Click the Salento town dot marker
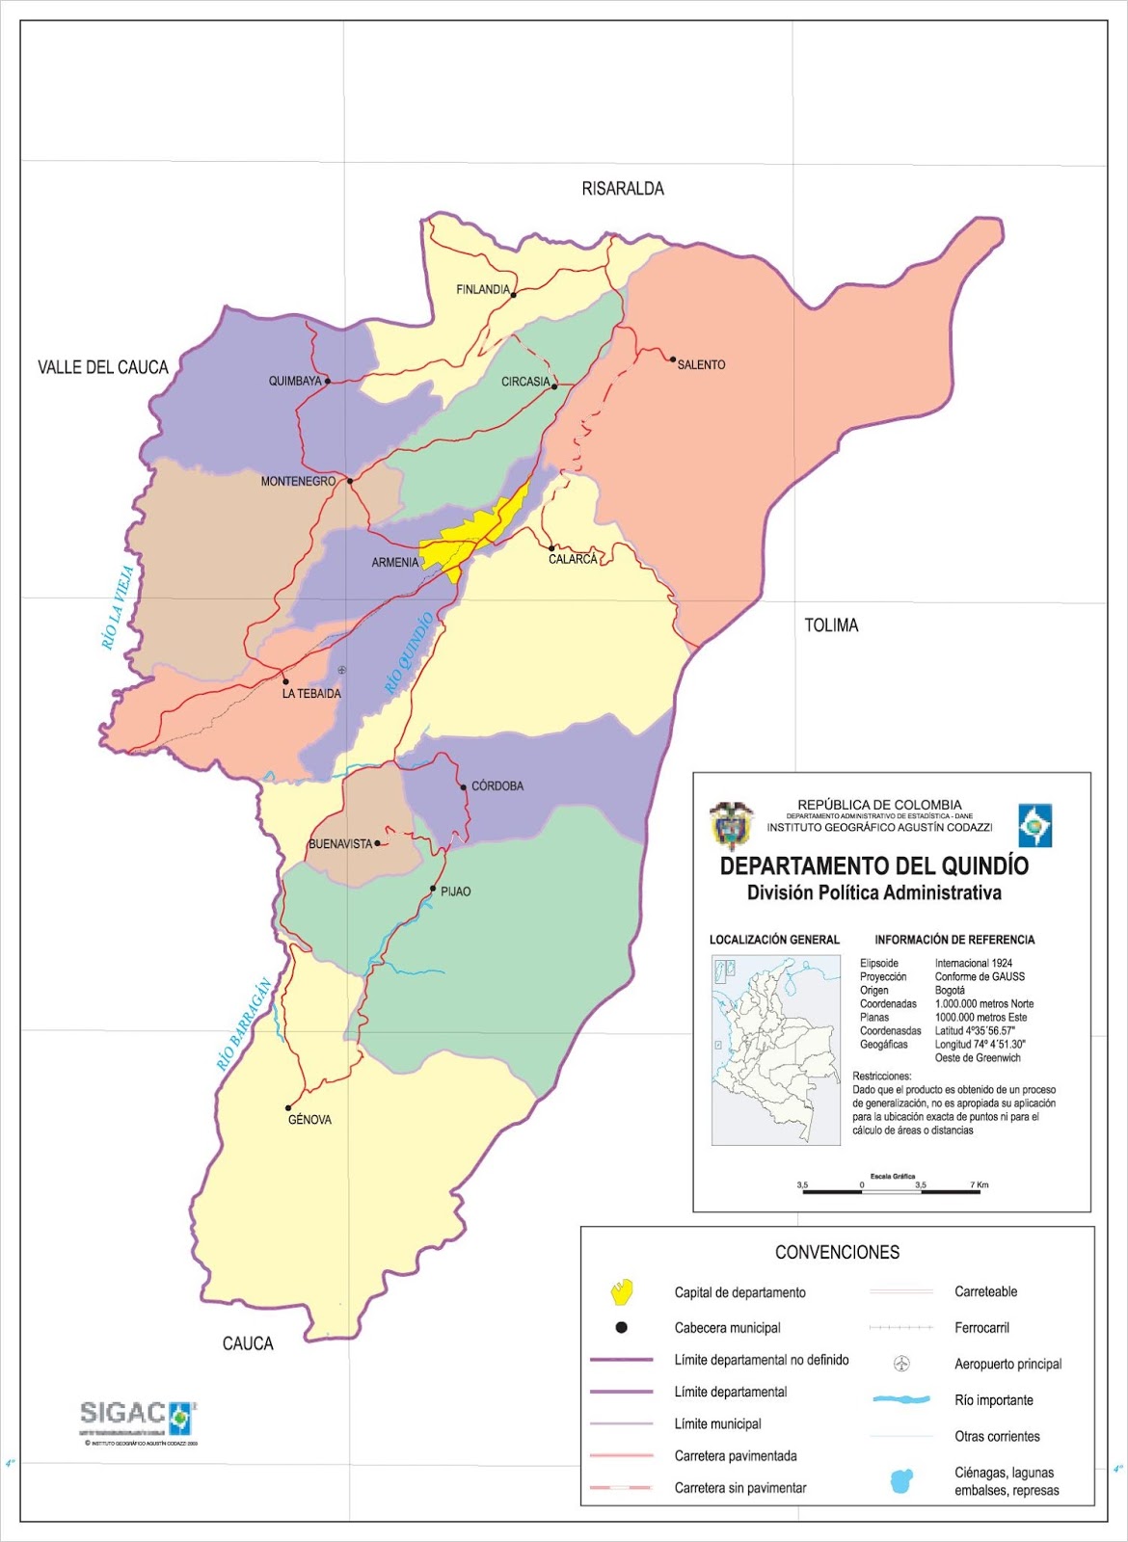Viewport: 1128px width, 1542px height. pyautogui.click(x=673, y=359)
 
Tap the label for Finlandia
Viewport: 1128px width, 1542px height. pyautogui.click(x=483, y=289)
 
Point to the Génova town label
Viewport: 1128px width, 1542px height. pyautogui.click(x=309, y=1120)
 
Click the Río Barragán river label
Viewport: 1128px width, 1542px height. pyautogui.click(x=244, y=1025)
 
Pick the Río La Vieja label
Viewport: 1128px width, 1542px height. pyautogui.click(x=118, y=608)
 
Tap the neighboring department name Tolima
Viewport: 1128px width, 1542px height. pyautogui.click(x=831, y=625)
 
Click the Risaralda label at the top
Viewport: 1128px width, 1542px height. pyautogui.click(x=623, y=189)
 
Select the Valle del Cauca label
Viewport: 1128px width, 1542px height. pyautogui.click(x=103, y=367)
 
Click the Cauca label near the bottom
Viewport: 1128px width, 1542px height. pyautogui.click(x=248, y=1343)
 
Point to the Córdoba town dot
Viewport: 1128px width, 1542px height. pyautogui.click(x=464, y=787)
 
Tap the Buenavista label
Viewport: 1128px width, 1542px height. pyautogui.click(x=339, y=844)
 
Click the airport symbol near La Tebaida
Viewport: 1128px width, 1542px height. pyautogui.click(x=342, y=670)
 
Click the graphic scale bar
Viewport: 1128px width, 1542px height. pyautogui.click(x=891, y=1191)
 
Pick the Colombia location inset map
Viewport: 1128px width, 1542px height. pyautogui.click(x=775, y=1050)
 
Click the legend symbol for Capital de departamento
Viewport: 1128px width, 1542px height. pyautogui.click(x=622, y=1290)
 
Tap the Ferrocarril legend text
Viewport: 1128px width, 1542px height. pyautogui.click(x=981, y=1328)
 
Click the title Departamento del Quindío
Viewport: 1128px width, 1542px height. pyautogui.click(x=873, y=865)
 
